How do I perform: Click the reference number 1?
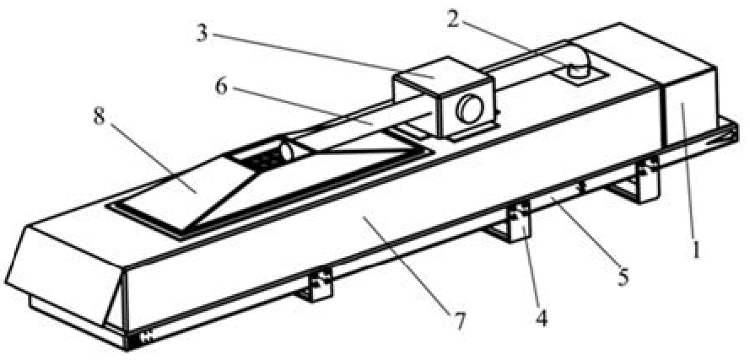click(695, 249)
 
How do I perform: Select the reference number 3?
click(202, 34)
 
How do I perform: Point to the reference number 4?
click(542, 318)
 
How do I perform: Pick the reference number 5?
click(623, 277)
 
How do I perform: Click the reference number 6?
click(220, 87)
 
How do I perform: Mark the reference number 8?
click(99, 116)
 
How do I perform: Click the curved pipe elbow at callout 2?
click(578, 60)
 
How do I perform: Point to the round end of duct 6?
click(286, 153)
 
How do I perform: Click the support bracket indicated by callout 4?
click(513, 222)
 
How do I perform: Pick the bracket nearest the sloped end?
click(316, 285)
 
